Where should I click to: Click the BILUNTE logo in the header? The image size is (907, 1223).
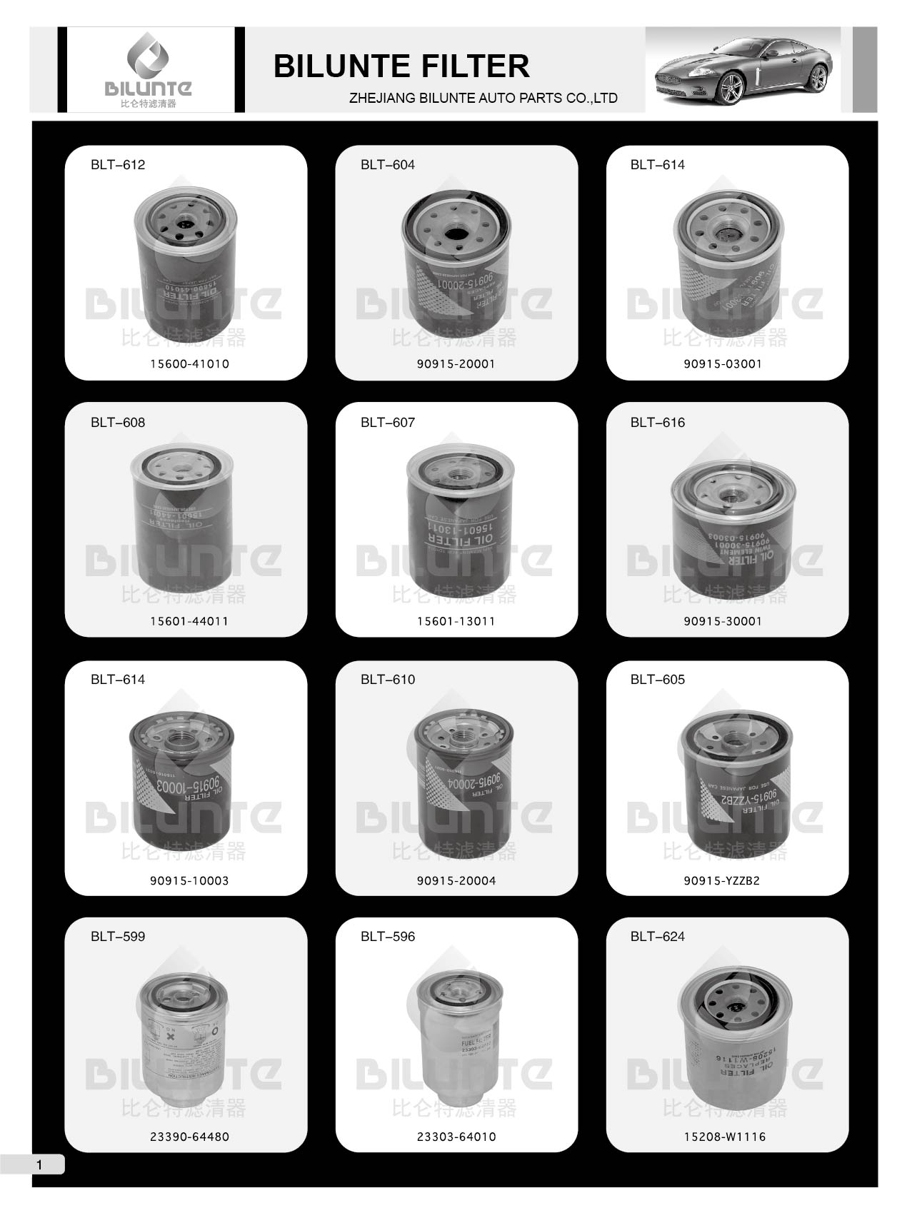pos(149,69)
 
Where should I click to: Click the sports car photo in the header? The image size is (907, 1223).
pos(743,69)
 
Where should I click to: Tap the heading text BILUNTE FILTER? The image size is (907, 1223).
pos(401,66)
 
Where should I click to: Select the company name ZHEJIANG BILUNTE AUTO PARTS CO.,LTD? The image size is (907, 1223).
pos(483,99)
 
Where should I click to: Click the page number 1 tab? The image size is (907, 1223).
pos(39,1165)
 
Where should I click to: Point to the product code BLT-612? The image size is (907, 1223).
pos(118,165)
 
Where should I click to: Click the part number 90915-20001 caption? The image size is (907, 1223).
pos(456,364)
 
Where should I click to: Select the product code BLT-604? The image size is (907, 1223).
pos(388,165)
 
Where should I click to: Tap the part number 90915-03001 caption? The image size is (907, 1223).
pos(723,364)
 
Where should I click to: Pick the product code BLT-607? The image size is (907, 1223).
pos(388,423)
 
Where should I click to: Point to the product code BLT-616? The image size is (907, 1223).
pos(657,423)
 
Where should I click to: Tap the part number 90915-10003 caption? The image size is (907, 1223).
pos(189,881)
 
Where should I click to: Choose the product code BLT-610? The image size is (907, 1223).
pos(388,680)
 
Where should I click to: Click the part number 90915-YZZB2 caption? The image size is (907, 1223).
pos(722,881)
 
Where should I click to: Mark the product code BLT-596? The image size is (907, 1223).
pos(388,937)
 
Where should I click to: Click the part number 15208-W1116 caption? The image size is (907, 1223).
pos(725,1137)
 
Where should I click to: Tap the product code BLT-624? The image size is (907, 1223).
pos(657,937)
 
